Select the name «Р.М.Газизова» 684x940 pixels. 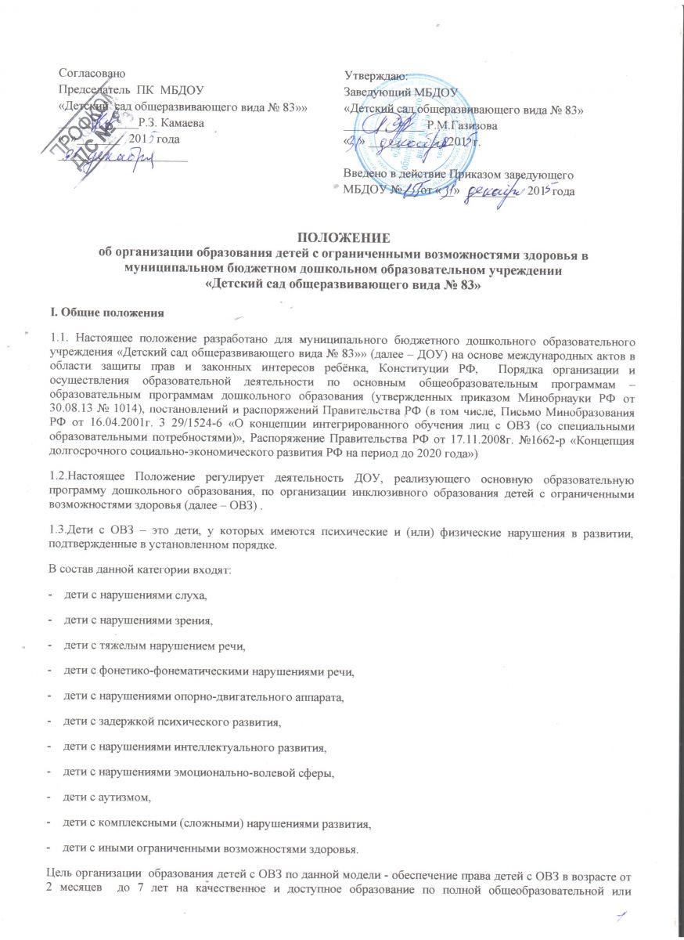pyautogui.click(x=461, y=125)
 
